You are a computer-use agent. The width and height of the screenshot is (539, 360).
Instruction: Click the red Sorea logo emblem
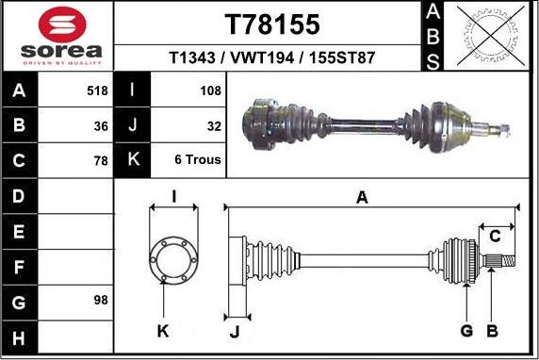[62, 25]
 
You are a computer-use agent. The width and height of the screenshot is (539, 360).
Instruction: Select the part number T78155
[272, 25]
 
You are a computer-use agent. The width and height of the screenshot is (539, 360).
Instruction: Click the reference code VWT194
[262, 57]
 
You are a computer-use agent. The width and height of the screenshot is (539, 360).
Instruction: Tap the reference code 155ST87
[342, 57]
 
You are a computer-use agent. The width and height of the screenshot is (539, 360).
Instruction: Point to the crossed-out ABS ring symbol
[491, 36]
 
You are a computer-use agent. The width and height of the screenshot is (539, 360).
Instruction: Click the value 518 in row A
[97, 90]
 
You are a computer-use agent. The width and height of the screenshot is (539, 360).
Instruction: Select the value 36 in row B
[101, 126]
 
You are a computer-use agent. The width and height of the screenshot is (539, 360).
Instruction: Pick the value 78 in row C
[101, 160]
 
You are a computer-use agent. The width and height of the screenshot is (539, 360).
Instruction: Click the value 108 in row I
[210, 90]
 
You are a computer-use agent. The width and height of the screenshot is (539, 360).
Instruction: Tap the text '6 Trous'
[198, 159]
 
